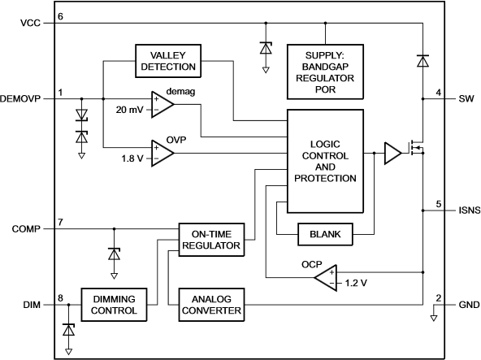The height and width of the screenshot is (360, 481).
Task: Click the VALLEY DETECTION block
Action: (x=168, y=61)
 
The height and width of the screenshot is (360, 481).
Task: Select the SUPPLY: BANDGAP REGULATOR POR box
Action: (x=325, y=72)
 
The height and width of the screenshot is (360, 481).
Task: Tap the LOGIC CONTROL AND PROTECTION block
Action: (x=325, y=161)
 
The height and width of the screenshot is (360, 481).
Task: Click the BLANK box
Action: (x=325, y=234)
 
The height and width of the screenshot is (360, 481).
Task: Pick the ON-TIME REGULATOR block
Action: (x=211, y=240)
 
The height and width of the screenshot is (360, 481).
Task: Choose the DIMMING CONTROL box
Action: (x=114, y=305)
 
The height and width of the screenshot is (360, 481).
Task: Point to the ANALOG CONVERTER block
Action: (x=211, y=305)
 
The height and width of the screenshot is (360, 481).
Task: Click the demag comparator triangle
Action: (x=162, y=104)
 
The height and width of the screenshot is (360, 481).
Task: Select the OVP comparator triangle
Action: (x=162, y=153)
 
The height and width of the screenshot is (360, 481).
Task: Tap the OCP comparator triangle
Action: (x=326, y=278)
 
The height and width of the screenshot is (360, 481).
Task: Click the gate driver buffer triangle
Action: (x=392, y=153)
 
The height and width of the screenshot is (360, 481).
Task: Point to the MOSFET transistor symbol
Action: (x=417, y=148)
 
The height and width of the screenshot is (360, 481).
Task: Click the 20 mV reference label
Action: (x=129, y=110)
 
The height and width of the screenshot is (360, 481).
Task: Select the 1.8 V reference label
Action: (x=132, y=158)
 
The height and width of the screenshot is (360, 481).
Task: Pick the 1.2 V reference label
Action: (x=356, y=283)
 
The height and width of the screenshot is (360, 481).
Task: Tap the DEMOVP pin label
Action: (x=20, y=99)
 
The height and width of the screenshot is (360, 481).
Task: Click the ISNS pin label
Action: (x=470, y=210)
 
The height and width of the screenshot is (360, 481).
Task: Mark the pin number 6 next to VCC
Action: (x=60, y=16)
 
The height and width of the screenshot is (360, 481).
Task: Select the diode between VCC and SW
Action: (x=423, y=61)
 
